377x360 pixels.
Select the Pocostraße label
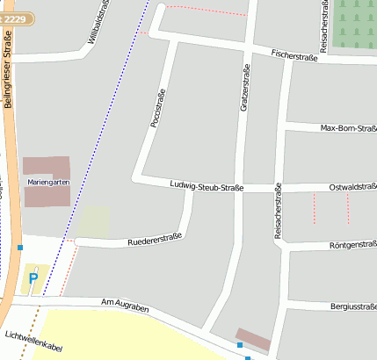tap(159, 107)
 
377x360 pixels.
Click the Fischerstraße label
tap(294, 56)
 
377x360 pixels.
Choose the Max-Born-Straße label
tap(348, 128)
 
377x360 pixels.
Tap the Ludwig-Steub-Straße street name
tap(206, 186)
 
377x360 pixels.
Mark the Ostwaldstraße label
tap(352, 186)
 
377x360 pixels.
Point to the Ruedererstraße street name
tap(154, 238)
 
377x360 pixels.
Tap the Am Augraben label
tap(125, 305)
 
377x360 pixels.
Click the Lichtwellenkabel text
tap(33, 342)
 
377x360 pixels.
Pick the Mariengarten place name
tap(48, 181)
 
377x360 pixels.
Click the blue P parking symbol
tap(33, 279)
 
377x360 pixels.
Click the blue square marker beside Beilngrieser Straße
tap(19, 248)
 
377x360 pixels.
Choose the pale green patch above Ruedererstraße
tap(94, 221)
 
